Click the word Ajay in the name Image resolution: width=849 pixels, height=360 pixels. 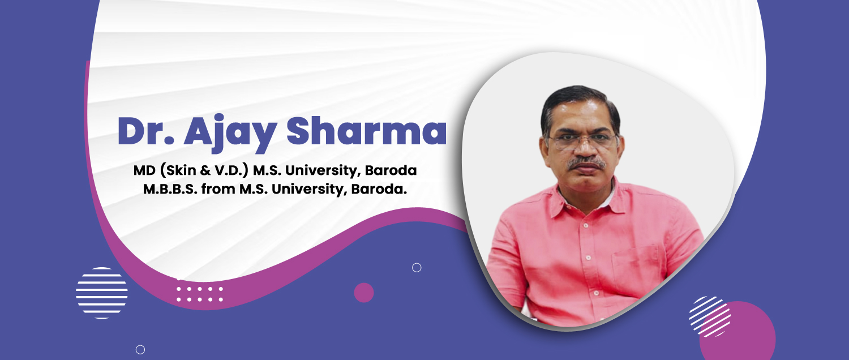[230, 133]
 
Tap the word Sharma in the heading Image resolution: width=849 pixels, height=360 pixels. [367, 130]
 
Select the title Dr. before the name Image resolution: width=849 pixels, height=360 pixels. [146, 131]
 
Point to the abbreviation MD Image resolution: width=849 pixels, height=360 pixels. [144, 170]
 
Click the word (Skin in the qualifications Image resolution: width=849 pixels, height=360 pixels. [178, 170]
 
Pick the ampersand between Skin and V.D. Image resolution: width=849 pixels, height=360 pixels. [205, 170]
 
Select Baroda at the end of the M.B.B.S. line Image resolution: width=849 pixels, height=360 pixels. [379, 188]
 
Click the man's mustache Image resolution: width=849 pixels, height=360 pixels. [586, 164]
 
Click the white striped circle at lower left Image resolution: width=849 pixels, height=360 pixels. [101, 293]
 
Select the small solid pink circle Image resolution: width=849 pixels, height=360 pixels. [364, 293]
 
